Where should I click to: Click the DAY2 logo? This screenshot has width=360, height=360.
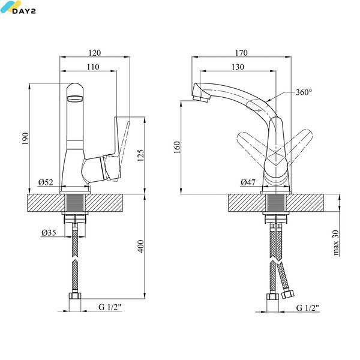coord(18,7)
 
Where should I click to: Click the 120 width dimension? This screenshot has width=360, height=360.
coord(95,53)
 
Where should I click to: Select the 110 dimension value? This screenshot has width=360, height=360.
coord(93,67)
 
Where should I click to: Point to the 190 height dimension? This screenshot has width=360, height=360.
coord(25,139)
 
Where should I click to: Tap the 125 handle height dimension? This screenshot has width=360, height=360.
coord(140,155)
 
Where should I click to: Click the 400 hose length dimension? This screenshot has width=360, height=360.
coord(140,246)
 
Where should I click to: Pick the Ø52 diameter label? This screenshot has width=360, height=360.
coord(46,182)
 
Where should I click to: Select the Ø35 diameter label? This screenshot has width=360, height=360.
coord(49,233)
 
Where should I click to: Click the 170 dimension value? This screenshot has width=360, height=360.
coord(241,53)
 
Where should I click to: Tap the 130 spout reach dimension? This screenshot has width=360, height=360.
coord(238,67)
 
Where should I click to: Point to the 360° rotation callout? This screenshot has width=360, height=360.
coord(304,92)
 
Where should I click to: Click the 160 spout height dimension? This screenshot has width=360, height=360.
coord(177,147)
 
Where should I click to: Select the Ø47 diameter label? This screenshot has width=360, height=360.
coord(248,182)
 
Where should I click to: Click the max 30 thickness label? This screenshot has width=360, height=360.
coord(335,242)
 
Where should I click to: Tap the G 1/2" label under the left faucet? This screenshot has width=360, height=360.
coord(110,307)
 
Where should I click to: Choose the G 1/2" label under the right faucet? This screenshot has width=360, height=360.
coord(308,308)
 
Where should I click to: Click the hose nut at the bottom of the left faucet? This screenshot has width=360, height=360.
coord(75,295)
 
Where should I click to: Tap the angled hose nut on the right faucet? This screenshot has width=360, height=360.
coord(287,294)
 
